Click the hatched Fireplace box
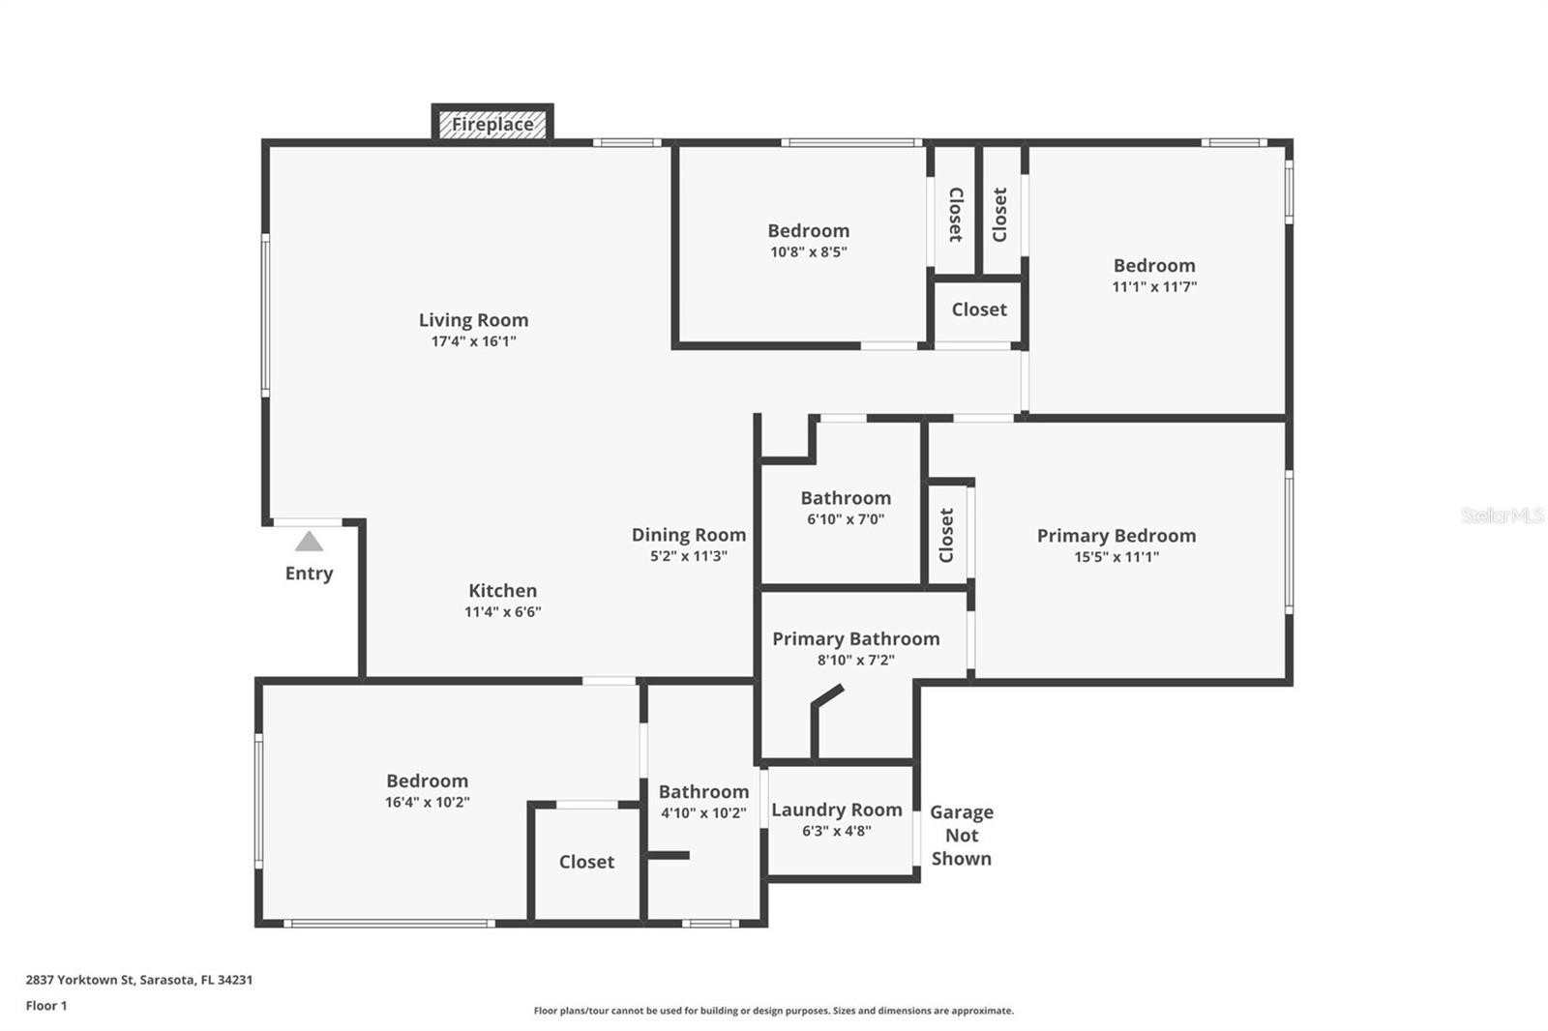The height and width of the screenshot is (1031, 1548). point(492,125)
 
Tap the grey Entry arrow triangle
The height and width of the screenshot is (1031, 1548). point(309,541)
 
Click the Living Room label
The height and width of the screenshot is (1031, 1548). point(473,320)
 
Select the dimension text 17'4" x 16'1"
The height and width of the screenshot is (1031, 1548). point(473,341)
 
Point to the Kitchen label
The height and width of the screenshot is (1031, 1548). point(502,591)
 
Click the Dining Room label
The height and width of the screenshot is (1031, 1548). point(688,535)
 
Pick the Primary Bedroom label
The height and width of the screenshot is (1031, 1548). point(1116,536)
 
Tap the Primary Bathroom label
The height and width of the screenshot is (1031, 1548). point(855,638)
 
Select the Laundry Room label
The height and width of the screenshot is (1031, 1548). point(836,810)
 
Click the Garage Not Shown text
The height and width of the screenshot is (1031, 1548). point(962,836)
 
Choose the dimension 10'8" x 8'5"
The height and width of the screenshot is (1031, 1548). point(809,251)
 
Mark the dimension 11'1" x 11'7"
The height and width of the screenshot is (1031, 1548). point(1154,287)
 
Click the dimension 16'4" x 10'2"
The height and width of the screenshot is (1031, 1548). point(427,803)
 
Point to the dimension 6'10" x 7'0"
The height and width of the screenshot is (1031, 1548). point(846,519)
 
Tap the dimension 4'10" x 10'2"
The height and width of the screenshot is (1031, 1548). point(703,813)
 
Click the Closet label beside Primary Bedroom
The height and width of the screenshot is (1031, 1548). point(947,536)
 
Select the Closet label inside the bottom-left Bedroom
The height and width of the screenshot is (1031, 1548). point(586,862)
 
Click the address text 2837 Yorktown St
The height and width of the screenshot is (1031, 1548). point(79,980)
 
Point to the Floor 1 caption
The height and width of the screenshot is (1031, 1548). point(46,1006)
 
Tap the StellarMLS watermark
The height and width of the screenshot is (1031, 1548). point(1503,515)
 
